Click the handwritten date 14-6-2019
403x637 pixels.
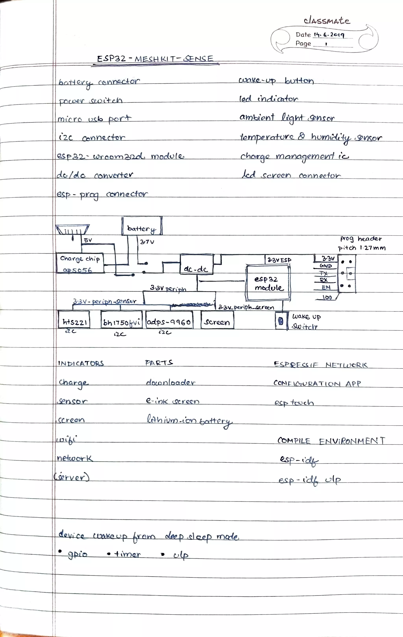pyautogui.click(x=329, y=35)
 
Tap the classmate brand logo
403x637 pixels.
pyautogui.click(x=327, y=21)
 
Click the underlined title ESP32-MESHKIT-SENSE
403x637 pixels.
pyautogui.click(x=155, y=59)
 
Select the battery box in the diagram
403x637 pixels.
pyautogui.click(x=142, y=226)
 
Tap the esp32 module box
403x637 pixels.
pyautogui.click(x=268, y=283)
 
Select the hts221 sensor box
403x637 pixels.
pyautogui.click(x=74, y=320)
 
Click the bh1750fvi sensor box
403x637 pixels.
pyautogui.click(x=121, y=320)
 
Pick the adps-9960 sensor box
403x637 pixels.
pyautogui.click(x=169, y=320)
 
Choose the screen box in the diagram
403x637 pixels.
pyautogui.click(x=217, y=320)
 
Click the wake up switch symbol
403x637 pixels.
pyautogui.click(x=281, y=321)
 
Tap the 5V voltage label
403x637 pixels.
pyautogui.click(x=88, y=240)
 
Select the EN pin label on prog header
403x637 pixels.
pyautogui.click(x=326, y=287)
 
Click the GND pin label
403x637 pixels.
pyautogui.click(x=326, y=266)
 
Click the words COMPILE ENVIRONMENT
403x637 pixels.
pyautogui.click(x=331, y=441)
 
